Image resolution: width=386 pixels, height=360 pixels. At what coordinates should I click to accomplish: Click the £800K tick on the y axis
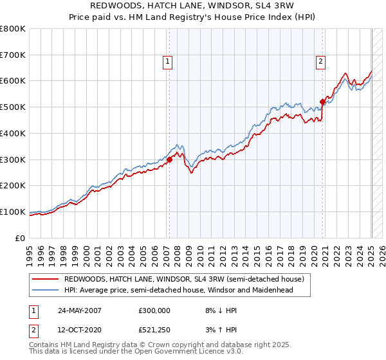coord(13,29)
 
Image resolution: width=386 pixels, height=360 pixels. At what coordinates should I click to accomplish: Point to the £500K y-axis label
coord(13,107)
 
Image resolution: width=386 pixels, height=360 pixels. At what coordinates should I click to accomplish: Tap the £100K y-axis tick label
coord(13,212)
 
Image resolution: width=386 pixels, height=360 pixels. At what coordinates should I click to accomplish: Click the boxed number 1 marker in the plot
coord(168,62)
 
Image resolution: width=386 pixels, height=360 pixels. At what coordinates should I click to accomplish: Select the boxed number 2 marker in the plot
coord(320,62)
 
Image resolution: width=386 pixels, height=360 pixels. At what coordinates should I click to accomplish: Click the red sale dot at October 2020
coord(322,101)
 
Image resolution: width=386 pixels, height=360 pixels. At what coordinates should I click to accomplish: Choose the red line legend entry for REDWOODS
coord(188,279)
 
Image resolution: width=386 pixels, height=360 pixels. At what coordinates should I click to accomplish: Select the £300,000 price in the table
coord(154,310)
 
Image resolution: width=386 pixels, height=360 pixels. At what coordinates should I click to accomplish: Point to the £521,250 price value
coord(154,330)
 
